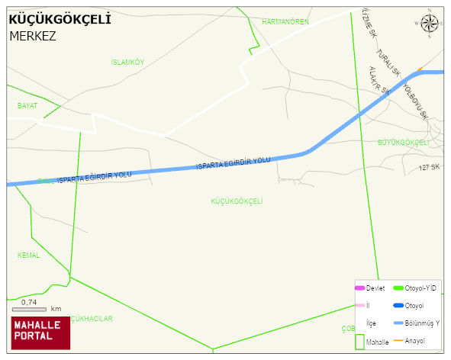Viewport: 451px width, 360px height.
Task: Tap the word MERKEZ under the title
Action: pos(33,35)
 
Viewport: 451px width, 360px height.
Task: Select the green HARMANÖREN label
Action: pos(285,22)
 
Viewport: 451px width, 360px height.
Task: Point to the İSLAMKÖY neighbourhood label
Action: pos(127,62)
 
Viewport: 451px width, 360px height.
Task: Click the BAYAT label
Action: pos(27,105)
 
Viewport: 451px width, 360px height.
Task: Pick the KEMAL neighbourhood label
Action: pos(28,255)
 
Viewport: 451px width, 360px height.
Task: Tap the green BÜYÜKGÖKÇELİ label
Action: pos(404,143)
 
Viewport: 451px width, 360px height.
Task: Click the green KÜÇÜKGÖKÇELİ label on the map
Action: pos(237,201)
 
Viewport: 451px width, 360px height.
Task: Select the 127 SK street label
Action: pos(430,166)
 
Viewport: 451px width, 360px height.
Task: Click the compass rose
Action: pos(430,24)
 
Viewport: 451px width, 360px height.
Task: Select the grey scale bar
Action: pos(29,309)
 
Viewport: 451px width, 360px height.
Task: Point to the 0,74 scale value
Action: pos(30,302)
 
